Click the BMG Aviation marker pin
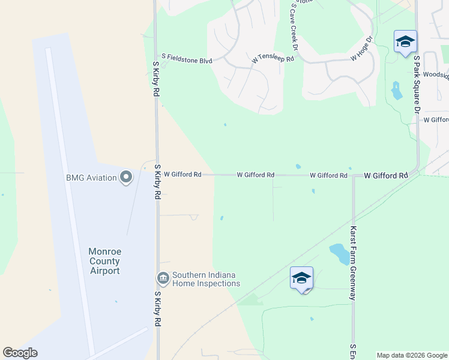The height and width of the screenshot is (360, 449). (x=126, y=178)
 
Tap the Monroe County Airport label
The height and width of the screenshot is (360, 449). (x=104, y=261)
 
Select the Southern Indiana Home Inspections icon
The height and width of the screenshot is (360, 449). (x=163, y=279)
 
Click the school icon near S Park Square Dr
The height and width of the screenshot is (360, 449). (x=405, y=41)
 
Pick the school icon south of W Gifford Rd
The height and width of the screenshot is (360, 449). (x=301, y=278)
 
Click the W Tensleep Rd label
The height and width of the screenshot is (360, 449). (x=273, y=59)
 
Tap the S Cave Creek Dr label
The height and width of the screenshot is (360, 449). (x=295, y=26)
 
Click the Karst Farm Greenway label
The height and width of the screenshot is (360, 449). (x=354, y=263)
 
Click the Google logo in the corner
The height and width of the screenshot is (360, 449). (x=20, y=353)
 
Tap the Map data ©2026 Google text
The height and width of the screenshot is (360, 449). (x=412, y=355)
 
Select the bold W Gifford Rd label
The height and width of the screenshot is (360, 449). (x=386, y=176)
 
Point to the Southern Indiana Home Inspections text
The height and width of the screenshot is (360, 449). (x=206, y=280)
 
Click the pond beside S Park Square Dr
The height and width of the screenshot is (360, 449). (x=396, y=91)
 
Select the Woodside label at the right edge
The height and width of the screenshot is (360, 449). (x=436, y=75)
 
